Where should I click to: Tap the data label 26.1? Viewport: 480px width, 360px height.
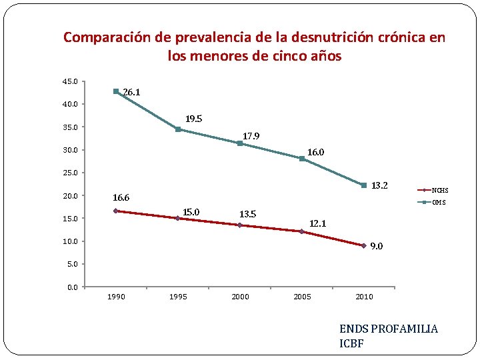(x=131, y=93)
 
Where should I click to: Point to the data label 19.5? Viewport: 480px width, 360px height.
(x=193, y=119)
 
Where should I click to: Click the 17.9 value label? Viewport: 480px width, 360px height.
(x=251, y=137)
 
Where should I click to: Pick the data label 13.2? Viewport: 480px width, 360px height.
(x=379, y=185)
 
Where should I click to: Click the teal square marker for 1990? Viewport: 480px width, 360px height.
(x=116, y=91)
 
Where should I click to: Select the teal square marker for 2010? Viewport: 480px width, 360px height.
(x=364, y=185)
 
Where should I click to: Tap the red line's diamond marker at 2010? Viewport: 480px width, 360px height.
(x=364, y=246)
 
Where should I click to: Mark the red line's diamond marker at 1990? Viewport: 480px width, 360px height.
(x=116, y=211)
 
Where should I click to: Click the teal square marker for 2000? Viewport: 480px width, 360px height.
(x=240, y=143)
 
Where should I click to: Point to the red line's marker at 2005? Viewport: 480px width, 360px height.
(x=302, y=231)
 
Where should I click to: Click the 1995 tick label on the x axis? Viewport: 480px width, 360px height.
(x=178, y=297)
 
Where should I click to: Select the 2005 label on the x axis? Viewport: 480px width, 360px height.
(x=302, y=297)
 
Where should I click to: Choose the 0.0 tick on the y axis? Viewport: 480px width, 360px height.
(x=72, y=287)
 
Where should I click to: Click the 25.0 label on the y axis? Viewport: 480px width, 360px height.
(x=70, y=173)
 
